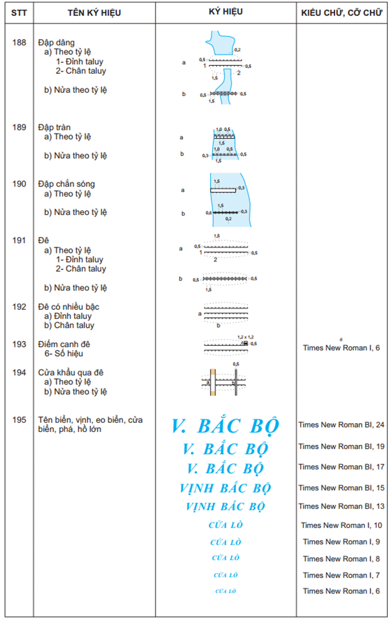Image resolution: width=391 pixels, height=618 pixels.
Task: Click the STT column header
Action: click(x=19, y=12)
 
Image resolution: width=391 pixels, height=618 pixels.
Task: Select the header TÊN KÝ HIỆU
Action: click(x=94, y=12)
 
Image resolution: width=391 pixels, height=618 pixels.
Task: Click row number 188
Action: click(x=19, y=43)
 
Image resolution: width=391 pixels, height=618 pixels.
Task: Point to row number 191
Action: click(x=19, y=241)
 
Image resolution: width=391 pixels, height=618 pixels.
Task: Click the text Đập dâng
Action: click(x=56, y=43)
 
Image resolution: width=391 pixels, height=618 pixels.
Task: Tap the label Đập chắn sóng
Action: click(x=66, y=184)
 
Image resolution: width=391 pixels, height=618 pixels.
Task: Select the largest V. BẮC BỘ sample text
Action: click(x=225, y=426)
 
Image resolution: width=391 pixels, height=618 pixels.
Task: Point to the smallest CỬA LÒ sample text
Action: click(x=226, y=591)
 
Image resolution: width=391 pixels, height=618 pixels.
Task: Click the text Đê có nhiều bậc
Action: click(x=69, y=307)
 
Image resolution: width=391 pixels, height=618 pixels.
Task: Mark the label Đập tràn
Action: click(x=54, y=128)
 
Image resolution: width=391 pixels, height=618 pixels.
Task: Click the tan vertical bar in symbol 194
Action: click(x=212, y=382)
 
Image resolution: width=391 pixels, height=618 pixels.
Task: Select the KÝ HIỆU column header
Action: click(x=226, y=11)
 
